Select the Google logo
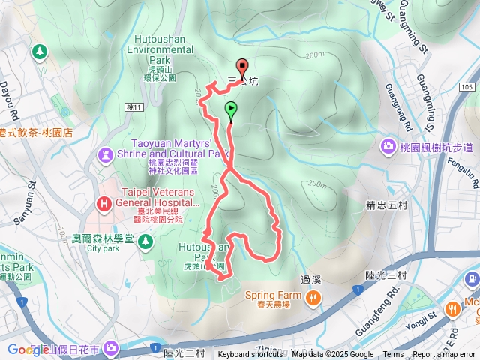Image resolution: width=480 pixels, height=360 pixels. click(28, 349)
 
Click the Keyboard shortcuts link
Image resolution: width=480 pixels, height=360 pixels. click(250, 355)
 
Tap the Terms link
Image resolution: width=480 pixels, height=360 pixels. click(393, 355)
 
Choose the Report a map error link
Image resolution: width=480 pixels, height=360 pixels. click(445, 355)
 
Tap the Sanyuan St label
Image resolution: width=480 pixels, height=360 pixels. click(31, 194)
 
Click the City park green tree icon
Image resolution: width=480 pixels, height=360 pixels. click(144, 240)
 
